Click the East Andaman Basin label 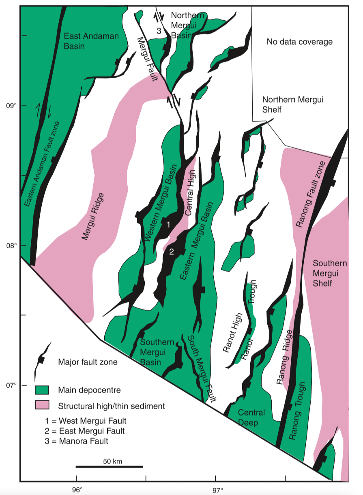(x=92, y=41)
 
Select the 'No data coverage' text (x=300, y=42)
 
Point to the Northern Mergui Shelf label (x=292, y=104)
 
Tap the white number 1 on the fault (x=168, y=223)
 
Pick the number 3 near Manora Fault (x=159, y=31)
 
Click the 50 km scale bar (x=110, y=466)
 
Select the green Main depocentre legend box (x=42, y=390)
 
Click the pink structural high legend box (x=42, y=405)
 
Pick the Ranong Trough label (x=297, y=411)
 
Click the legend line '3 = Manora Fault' (x=77, y=441)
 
